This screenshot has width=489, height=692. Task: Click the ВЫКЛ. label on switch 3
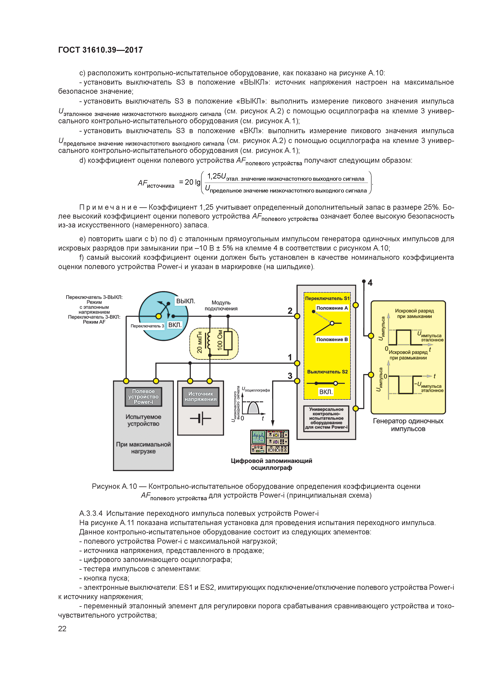(185, 301)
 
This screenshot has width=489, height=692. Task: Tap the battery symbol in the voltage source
(200, 418)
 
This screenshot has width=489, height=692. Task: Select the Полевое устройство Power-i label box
(143, 397)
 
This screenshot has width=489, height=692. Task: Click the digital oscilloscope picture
(269, 442)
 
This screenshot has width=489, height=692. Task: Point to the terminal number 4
(370, 283)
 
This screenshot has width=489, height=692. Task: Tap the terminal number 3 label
(290, 376)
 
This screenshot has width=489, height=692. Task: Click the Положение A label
(332, 308)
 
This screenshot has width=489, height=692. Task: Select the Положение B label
(332, 339)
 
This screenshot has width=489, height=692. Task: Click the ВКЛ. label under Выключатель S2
(326, 392)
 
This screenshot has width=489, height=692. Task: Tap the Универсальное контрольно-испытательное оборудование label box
(326, 418)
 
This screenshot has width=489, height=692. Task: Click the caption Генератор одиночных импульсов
(408, 425)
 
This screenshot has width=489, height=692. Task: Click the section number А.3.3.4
(91, 513)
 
